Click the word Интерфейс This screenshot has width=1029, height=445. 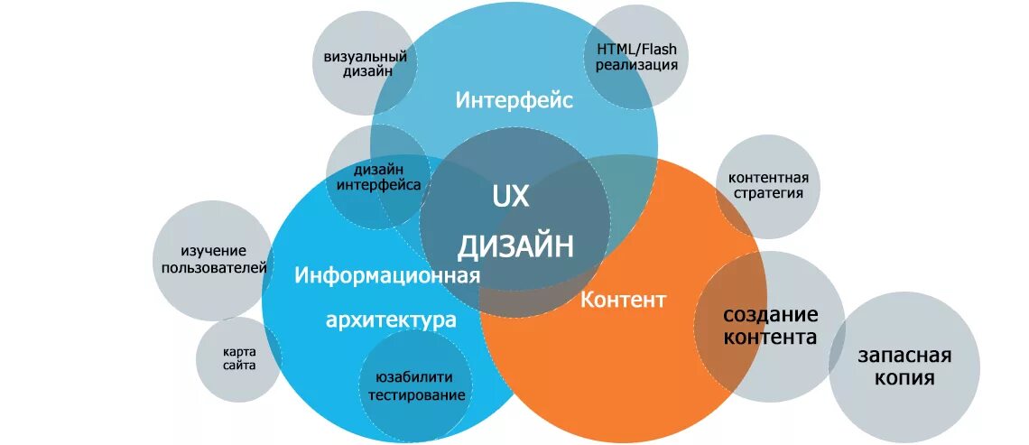pyautogui.click(x=514, y=100)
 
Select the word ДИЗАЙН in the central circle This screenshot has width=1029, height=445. pyautogui.click(x=514, y=245)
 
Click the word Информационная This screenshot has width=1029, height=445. pyautogui.click(x=386, y=274)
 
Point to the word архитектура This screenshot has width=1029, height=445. pyautogui.click(x=390, y=320)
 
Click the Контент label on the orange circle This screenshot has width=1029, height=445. pyautogui.click(x=623, y=300)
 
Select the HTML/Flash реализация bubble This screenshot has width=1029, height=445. pyautogui.click(x=636, y=56)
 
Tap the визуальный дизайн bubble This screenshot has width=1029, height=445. pyautogui.click(x=365, y=64)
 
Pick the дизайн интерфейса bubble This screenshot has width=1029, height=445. pyautogui.click(x=378, y=177)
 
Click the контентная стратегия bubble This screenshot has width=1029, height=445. pyautogui.click(x=768, y=186)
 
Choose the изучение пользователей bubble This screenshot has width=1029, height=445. pyautogui.click(x=213, y=259)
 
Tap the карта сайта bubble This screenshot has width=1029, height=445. pyautogui.click(x=239, y=358)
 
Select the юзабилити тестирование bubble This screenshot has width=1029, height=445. pyautogui.click(x=415, y=386)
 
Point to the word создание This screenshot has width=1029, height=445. pyautogui.click(x=770, y=315)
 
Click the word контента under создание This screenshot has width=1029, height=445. pyautogui.click(x=770, y=338)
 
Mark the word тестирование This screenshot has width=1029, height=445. pyautogui.click(x=416, y=395)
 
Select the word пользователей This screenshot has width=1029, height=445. pyautogui.click(x=214, y=267)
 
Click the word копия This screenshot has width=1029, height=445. pyautogui.click(x=904, y=378)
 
